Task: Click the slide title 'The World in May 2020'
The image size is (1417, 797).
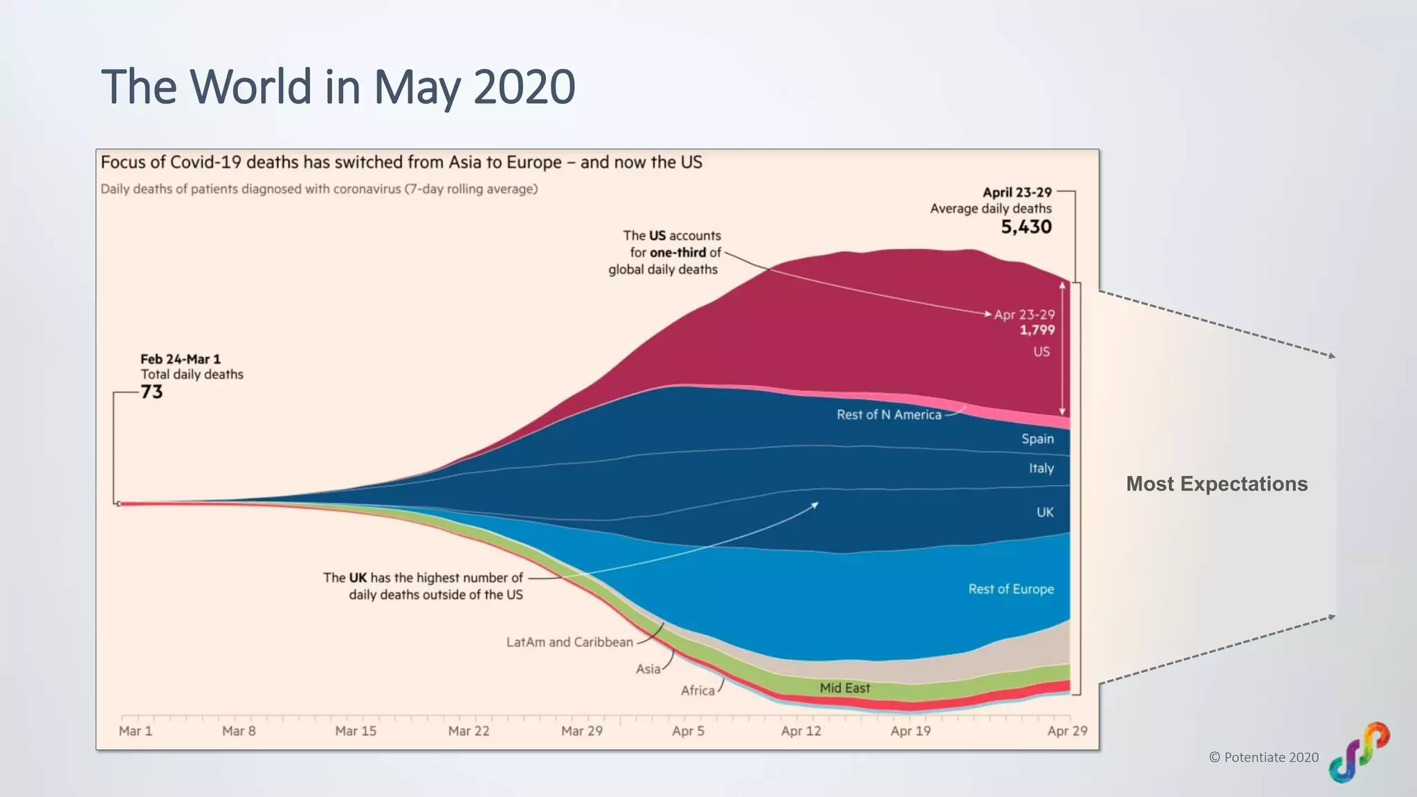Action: (x=338, y=87)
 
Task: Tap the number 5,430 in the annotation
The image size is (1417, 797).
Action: (x=1026, y=227)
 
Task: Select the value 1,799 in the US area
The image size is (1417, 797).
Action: (x=1036, y=331)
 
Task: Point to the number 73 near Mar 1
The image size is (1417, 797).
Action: (x=152, y=392)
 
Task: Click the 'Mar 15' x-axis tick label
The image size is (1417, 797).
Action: (x=356, y=731)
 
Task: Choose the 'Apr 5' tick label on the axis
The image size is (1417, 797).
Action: (x=688, y=731)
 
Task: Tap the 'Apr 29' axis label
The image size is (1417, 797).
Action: (x=1067, y=731)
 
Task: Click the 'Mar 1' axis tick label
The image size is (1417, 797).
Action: (x=136, y=731)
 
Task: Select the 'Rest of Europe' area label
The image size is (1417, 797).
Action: (x=1011, y=589)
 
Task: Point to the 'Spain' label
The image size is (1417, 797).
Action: (x=1037, y=439)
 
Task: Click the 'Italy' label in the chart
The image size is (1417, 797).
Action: (x=1041, y=468)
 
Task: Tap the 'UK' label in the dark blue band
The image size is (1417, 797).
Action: (x=1045, y=513)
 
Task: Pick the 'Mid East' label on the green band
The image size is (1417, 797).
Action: (x=845, y=688)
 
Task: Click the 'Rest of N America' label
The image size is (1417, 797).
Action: (x=888, y=415)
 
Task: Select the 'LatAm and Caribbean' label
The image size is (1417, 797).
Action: (x=569, y=643)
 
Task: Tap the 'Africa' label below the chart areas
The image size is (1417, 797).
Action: (x=697, y=691)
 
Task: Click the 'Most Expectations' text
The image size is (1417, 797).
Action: (x=1216, y=484)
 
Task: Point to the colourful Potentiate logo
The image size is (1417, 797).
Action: (x=1359, y=752)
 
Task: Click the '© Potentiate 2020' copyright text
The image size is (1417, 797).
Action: (x=1263, y=758)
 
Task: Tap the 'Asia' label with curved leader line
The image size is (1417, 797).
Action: (x=648, y=670)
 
